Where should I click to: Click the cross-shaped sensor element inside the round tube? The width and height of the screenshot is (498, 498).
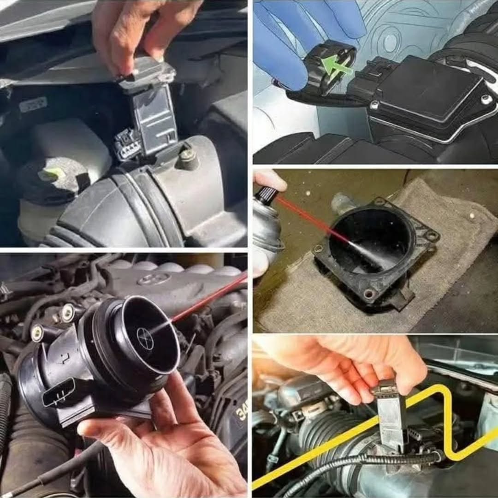click(145, 338)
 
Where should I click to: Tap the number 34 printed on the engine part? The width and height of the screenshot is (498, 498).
click(241, 410)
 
